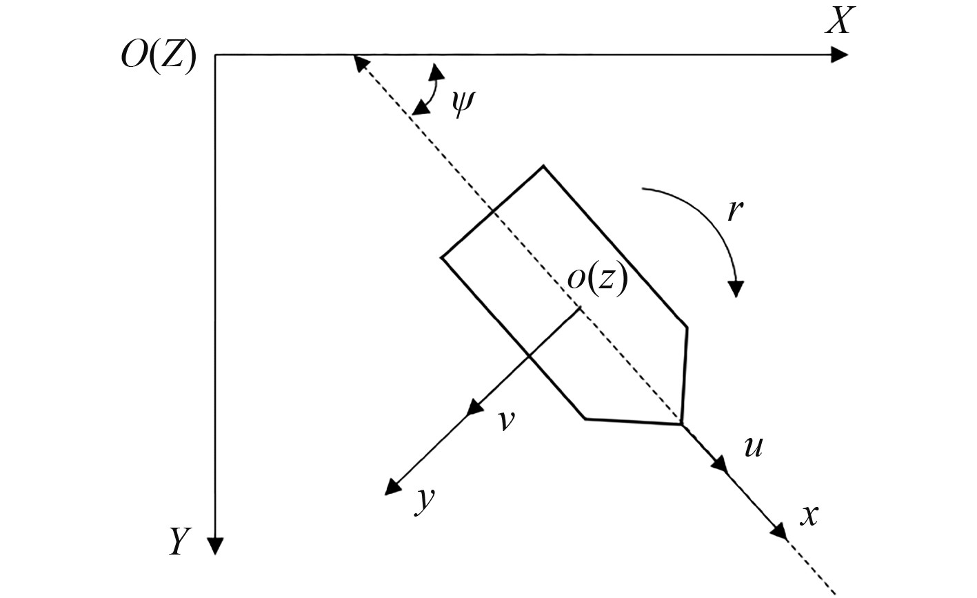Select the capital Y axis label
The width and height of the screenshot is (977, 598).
pyautogui.click(x=178, y=542)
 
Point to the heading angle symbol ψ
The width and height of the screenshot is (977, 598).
pyautogui.click(x=462, y=103)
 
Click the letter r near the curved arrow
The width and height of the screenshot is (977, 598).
pyautogui.click(x=735, y=211)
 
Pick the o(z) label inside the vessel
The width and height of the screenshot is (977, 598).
pyautogui.click(x=596, y=279)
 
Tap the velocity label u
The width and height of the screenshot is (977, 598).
pyautogui.click(x=754, y=447)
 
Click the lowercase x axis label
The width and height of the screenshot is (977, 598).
pyautogui.click(x=809, y=515)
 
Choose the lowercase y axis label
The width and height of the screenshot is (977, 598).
pyautogui.click(x=425, y=499)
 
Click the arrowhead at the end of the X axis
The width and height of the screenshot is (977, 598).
pyautogui.click(x=840, y=54)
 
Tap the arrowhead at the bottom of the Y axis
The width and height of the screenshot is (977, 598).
pyautogui.click(x=216, y=546)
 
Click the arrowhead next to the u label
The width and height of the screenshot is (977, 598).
pyautogui.click(x=721, y=464)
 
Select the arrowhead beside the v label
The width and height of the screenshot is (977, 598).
pyautogui.click(x=475, y=408)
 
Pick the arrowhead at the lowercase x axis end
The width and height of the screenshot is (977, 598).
pyautogui.click(x=779, y=531)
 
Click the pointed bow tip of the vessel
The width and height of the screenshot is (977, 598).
pyautogui.click(x=681, y=423)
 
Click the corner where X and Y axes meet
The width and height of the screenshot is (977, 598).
pyautogui.click(x=216, y=54)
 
